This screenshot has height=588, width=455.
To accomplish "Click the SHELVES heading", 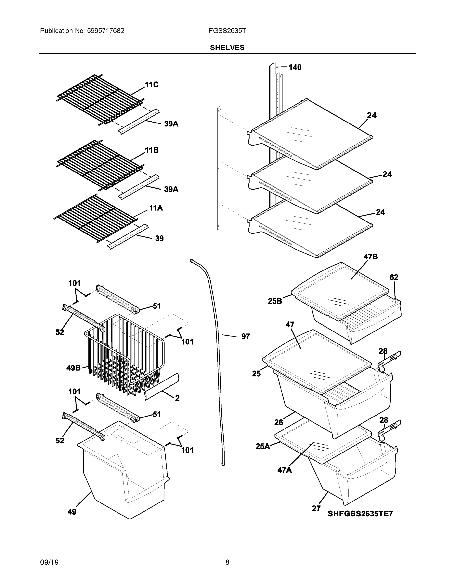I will point(227,48).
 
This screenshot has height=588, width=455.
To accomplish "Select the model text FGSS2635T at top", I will point(227,31).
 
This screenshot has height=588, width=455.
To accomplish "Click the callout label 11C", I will point(152,85).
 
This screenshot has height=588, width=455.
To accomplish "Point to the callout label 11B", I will point(152,150).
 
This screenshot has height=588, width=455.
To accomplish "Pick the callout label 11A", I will point(156,208).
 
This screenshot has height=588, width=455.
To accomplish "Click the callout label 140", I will point(295,67).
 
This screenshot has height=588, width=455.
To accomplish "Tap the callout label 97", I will point(245,336).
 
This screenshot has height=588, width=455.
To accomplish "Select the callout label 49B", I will point(73,368).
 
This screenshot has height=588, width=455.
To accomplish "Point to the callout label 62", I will point(394,277).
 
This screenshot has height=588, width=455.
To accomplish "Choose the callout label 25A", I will point(262,446).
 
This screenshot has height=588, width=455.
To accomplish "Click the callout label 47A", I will point(285,470).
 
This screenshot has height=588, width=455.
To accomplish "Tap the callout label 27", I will point(316,509).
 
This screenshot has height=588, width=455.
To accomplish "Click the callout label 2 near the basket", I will point(177,398).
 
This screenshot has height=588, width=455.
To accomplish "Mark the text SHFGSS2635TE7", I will point(360,514).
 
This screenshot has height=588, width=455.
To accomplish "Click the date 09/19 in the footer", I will point(49,562).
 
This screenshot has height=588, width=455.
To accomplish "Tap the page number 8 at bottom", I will point(227,562).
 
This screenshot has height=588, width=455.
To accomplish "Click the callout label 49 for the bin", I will point(72,512).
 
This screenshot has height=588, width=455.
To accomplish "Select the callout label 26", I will point(278,422).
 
